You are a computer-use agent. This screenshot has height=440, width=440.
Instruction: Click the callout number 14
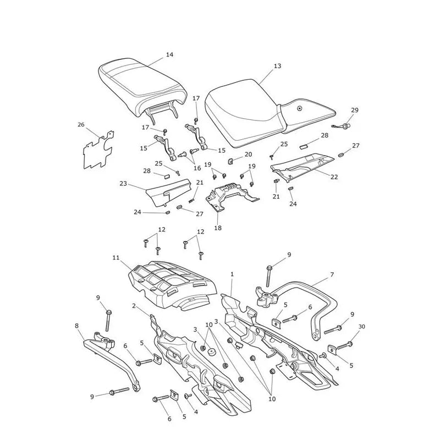169,54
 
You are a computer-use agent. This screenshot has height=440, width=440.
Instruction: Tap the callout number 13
277,66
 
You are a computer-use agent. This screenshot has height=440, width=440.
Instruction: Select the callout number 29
355,110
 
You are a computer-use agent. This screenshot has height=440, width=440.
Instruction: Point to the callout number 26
81,125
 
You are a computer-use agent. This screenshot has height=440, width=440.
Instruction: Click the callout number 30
362,327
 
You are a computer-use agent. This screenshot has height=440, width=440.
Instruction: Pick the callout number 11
116,257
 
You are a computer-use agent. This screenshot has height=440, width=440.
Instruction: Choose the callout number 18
218,228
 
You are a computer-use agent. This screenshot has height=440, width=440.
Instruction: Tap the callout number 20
249,154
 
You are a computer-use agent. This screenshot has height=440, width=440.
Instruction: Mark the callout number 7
332,274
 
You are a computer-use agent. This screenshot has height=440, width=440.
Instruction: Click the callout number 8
77,326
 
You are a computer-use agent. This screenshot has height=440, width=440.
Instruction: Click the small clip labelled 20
230,161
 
